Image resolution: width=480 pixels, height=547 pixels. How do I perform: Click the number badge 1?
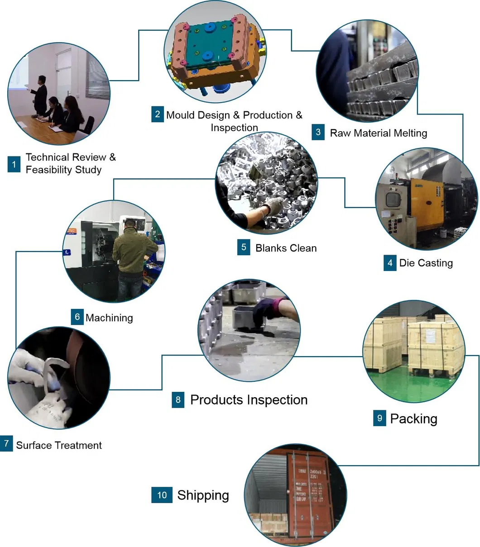(x=14, y=164)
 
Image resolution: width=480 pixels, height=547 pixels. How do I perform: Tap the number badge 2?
(x=157, y=114)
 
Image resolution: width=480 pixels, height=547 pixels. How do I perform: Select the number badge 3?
(x=318, y=132)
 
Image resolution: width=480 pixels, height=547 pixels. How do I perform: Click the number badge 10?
(x=162, y=495)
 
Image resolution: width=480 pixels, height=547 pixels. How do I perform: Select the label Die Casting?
(x=426, y=263)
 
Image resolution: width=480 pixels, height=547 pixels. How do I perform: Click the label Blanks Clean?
(x=286, y=248)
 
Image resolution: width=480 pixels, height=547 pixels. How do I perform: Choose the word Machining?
(x=109, y=318)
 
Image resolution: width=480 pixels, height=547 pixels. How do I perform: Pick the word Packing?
(x=413, y=419)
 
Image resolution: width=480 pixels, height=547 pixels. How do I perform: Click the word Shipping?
(x=203, y=495)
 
